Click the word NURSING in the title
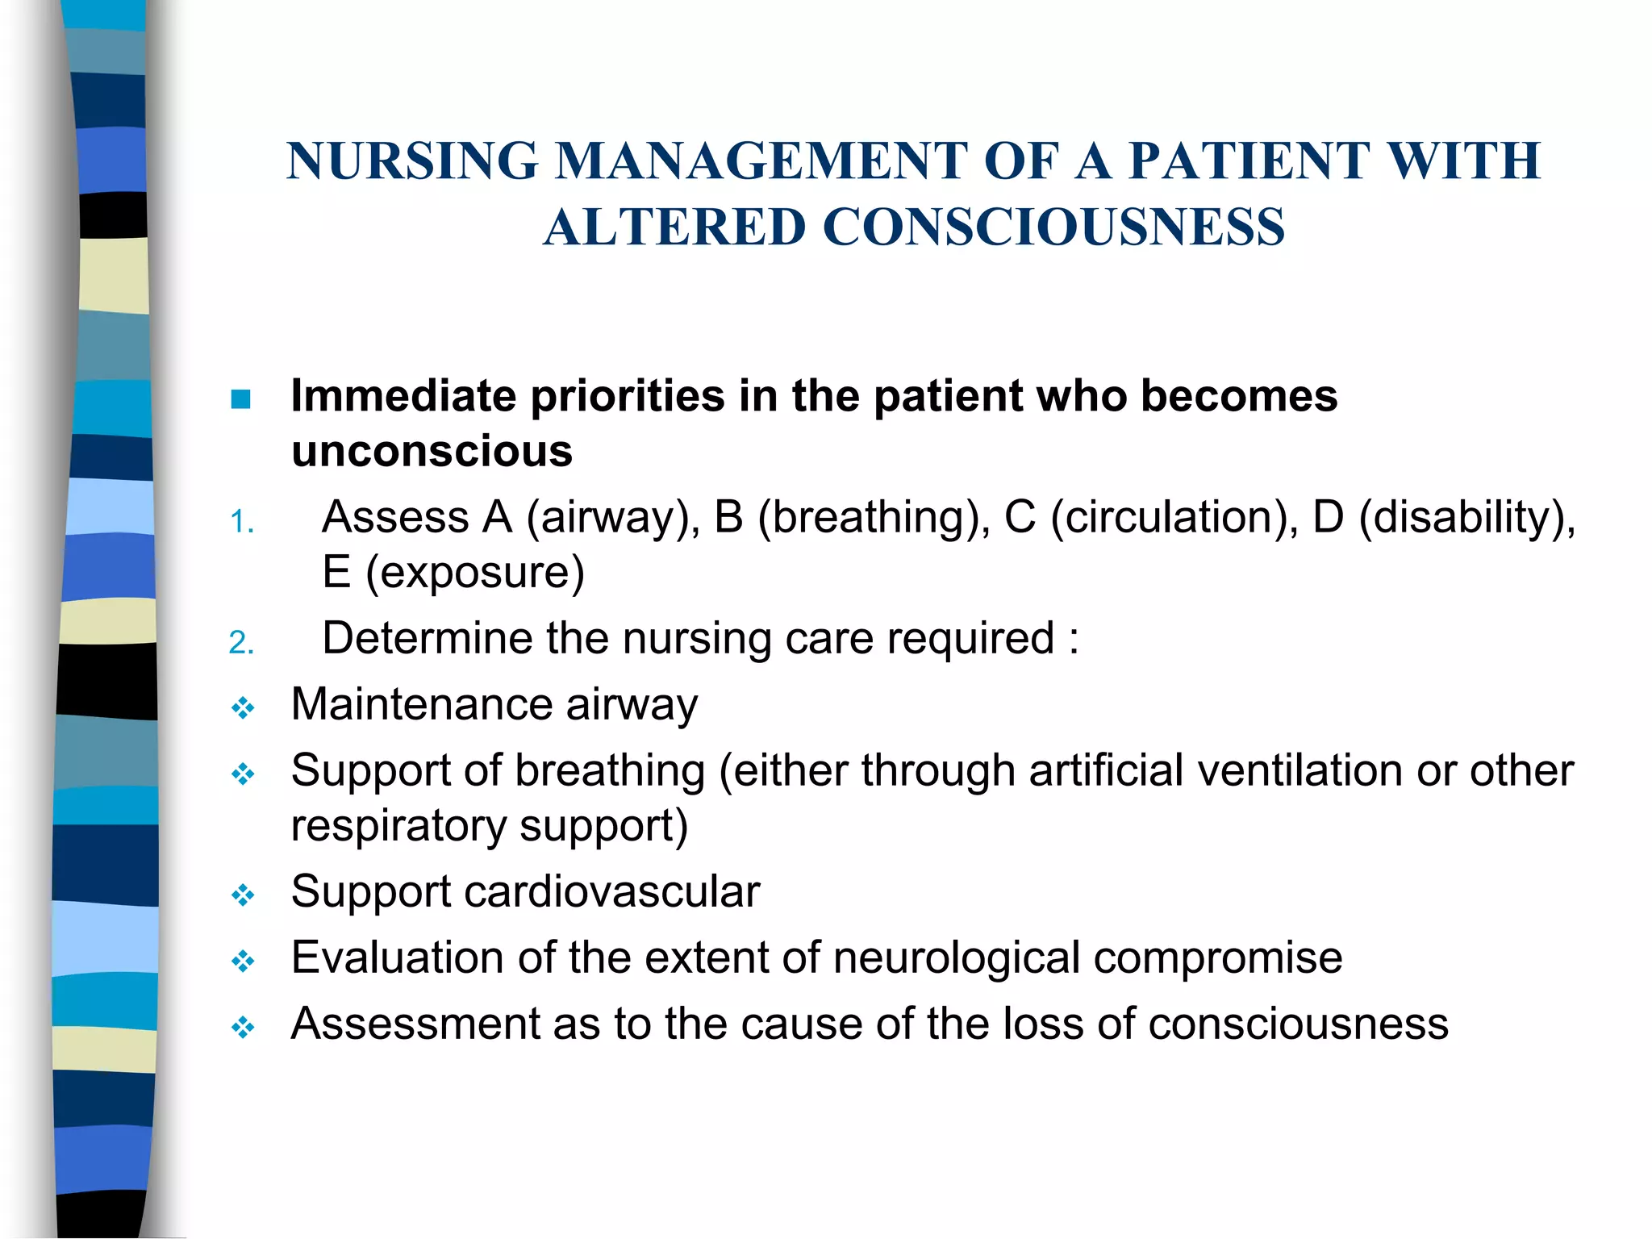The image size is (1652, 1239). coord(412,161)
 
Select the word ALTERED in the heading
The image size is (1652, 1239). coord(674,227)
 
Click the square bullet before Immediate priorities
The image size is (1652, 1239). coord(240,398)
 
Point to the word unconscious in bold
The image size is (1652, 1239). coord(432,451)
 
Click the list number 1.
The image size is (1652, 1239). coord(241,522)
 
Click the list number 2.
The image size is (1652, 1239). coord(241,643)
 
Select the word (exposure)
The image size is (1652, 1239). coord(475,573)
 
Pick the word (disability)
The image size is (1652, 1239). coord(1466,517)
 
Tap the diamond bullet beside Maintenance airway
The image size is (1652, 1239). coord(243,708)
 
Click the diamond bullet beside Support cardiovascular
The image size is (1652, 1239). coord(243,895)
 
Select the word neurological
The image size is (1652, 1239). coord(956,957)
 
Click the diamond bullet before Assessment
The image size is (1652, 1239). coord(243,1028)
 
